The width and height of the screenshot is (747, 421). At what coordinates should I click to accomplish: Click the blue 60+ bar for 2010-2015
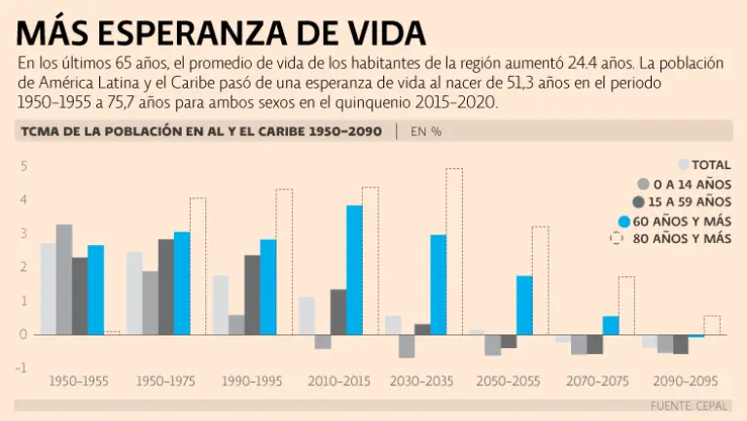click(x=354, y=269)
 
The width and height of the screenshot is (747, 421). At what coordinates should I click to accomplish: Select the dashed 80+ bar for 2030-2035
click(x=454, y=251)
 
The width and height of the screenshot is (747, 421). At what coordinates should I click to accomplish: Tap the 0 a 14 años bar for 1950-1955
click(x=64, y=279)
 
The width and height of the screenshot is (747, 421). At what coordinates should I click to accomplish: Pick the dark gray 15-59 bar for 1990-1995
click(x=252, y=295)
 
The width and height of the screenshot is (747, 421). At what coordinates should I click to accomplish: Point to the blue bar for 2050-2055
click(x=525, y=304)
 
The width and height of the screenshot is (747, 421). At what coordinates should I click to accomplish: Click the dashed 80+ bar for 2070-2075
click(x=626, y=305)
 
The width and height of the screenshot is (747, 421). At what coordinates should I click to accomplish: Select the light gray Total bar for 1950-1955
click(x=48, y=288)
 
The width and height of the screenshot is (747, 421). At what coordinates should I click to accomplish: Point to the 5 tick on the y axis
click(x=23, y=166)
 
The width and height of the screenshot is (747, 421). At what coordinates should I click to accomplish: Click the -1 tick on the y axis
click(x=21, y=368)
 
